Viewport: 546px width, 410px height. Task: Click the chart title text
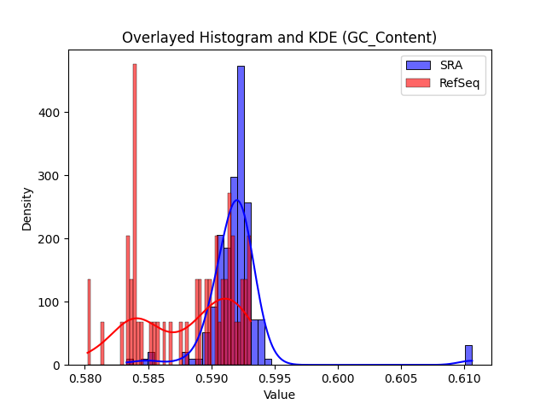point(279,38)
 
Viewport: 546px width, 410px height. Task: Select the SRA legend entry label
point(451,65)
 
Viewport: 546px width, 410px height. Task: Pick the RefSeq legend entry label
point(459,83)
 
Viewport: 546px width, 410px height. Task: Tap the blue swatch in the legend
point(418,65)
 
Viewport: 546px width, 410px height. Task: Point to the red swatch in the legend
point(418,83)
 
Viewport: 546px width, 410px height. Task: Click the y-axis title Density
point(26,209)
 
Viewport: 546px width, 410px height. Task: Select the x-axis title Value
point(279,395)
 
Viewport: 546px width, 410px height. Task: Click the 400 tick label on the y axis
point(49,113)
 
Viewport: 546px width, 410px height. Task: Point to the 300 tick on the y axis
point(49,176)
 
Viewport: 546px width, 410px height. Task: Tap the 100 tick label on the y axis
point(49,302)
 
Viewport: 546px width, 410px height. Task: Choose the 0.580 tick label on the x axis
point(85,378)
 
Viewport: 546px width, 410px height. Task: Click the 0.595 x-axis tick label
point(275,378)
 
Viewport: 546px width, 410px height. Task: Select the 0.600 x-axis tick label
point(338,378)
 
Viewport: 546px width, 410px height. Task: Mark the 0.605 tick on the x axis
point(402,378)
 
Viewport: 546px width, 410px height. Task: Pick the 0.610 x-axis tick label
point(464,378)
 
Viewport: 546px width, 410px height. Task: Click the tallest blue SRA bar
point(241,215)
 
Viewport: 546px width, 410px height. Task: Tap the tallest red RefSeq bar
point(135,214)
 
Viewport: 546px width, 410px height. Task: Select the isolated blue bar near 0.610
point(468,355)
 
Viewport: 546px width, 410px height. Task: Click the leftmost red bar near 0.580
point(89,322)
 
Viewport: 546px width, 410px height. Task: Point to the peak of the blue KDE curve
point(237,200)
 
